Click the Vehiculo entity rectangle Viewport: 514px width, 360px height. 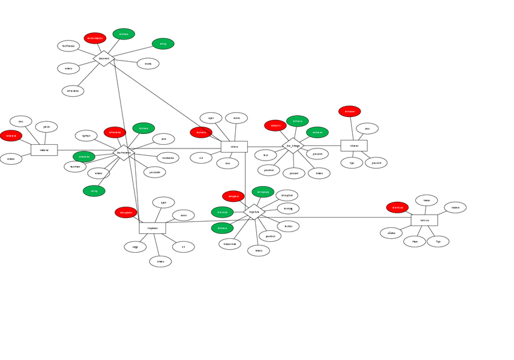[424, 220]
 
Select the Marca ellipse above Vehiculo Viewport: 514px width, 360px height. [426, 200]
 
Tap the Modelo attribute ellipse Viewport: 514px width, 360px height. [455, 207]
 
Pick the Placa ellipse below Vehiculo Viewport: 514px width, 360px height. [415, 241]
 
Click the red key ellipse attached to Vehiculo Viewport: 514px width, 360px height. [397, 207]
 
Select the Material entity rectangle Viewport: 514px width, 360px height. [44, 150]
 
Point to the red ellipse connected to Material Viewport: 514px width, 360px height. [11, 136]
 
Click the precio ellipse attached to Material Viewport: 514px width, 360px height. [46, 127]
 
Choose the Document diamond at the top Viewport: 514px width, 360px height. [104, 58]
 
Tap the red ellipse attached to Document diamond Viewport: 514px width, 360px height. [95, 38]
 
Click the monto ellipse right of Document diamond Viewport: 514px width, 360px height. [148, 64]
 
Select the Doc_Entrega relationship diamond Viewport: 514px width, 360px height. [293, 146]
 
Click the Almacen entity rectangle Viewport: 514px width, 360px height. [354, 145]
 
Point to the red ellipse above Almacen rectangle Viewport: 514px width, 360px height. [349, 112]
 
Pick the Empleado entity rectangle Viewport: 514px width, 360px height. [152, 228]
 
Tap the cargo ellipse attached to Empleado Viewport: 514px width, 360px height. [135, 247]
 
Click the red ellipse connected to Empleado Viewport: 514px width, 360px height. [126, 212]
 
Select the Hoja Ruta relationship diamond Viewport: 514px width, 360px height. [254, 212]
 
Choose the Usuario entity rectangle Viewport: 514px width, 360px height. [234, 146]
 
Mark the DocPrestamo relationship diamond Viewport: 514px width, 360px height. [123, 153]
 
